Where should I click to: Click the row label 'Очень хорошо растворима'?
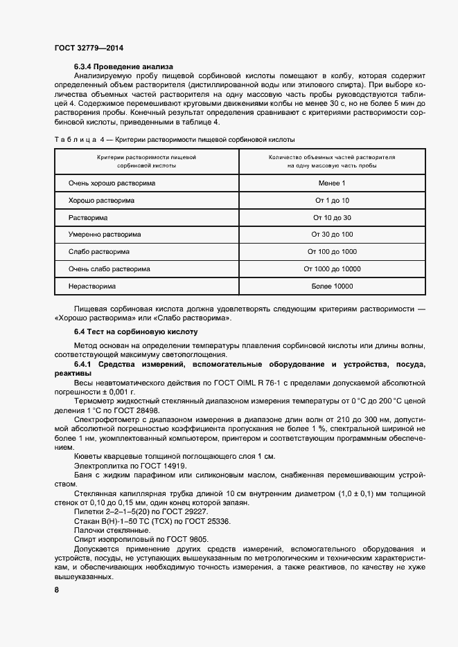pyautogui.click(x=112, y=183)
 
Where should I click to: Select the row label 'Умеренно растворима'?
pyautogui.click(x=105, y=235)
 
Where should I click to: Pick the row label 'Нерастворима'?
pyautogui.click(x=92, y=286)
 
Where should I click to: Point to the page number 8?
pyautogui.click(x=57, y=590)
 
